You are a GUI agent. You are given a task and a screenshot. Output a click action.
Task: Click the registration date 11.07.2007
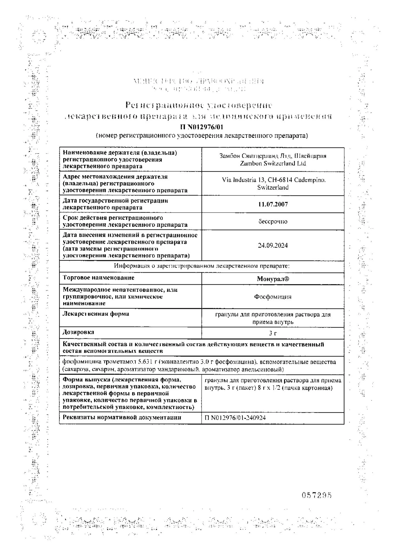click(x=273, y=204)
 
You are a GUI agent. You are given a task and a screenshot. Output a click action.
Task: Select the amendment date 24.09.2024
click(x=273, y=245)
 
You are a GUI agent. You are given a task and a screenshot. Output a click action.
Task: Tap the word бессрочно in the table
click(x=273, y=221)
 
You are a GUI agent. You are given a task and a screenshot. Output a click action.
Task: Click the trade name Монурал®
click(x=273, y=279)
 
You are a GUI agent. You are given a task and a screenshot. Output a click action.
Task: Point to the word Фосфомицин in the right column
click(x=273, y=297)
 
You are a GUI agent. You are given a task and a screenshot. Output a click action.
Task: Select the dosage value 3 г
click(x=273, y=333)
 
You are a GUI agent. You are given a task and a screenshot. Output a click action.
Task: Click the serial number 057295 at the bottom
click(x=317, y=495)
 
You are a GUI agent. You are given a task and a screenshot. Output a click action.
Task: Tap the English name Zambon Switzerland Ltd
click(x=273, y=163)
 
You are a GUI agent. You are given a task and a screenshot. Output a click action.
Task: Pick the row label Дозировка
click(x=78, y=332)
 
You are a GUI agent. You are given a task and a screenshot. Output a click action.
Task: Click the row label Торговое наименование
click(x=99, y=278)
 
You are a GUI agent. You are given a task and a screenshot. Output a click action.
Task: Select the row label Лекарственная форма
click(x=96, y=314)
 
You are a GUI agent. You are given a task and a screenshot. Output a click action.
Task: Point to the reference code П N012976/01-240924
click(x=235, y=417)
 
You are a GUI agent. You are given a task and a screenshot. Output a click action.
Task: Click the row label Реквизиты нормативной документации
click(x=122, y=417)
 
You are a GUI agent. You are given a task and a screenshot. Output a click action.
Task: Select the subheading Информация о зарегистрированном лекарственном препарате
click(x=202, y=266)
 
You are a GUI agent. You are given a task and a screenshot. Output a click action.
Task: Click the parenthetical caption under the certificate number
click(x=202, y=136)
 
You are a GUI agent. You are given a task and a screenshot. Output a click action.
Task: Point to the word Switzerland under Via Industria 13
click(x=273, y=187)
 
